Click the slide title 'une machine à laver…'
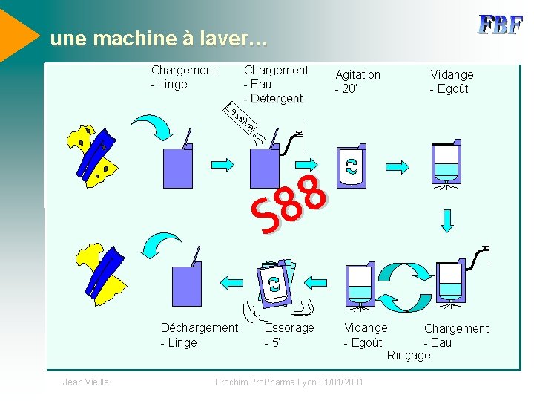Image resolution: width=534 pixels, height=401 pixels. click(154, 39)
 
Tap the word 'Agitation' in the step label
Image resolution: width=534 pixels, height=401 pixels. click(357, 74)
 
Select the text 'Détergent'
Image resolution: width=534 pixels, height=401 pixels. click(277, 98)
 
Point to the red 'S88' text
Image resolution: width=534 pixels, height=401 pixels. click(290, 204)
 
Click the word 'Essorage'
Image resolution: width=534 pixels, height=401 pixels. click(289, 327)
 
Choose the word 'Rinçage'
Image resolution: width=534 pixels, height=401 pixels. click(409, 355)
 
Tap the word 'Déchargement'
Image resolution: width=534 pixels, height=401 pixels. click(200, 327)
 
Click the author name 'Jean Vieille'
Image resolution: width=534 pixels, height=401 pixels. click(86, 382)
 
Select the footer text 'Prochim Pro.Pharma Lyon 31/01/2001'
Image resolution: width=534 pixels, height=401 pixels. click(289, 382)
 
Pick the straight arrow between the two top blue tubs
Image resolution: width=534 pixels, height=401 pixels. click(221, 164)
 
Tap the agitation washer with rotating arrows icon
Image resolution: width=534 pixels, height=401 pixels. click(351, 166)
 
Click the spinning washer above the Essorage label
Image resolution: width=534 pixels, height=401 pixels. click(275, 283)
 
